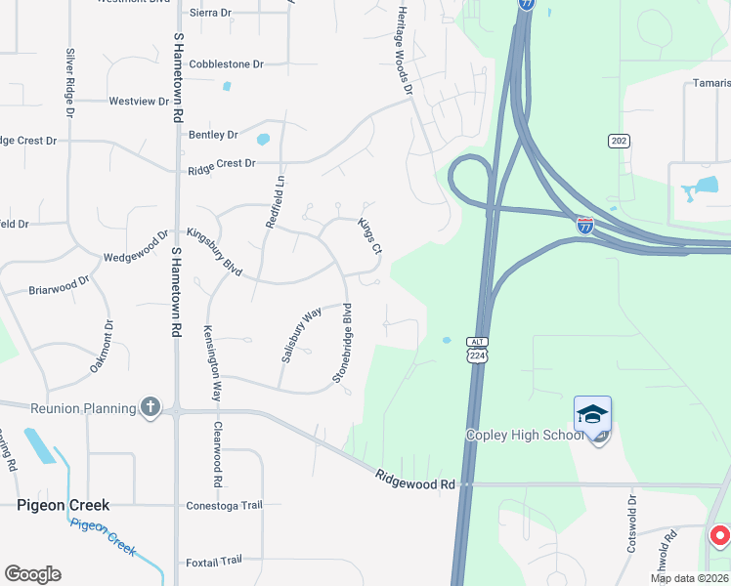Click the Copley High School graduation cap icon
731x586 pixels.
[592, 415]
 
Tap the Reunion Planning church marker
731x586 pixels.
[150, 407]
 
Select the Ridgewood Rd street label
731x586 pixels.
[416, 480]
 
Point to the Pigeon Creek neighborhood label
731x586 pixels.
[63, 505]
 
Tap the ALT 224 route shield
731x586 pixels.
[476, 352]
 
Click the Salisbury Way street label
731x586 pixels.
[301, 335]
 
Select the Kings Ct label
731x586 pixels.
[369, 236]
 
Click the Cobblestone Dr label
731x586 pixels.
[227, 63]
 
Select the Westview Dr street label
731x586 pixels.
[139, 101]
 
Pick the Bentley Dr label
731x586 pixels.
[214, 135]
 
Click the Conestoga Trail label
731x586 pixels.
[225, 505]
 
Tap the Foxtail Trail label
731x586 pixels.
[214, 561]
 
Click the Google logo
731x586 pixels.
[32, 573]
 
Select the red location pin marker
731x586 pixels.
[719, 536]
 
